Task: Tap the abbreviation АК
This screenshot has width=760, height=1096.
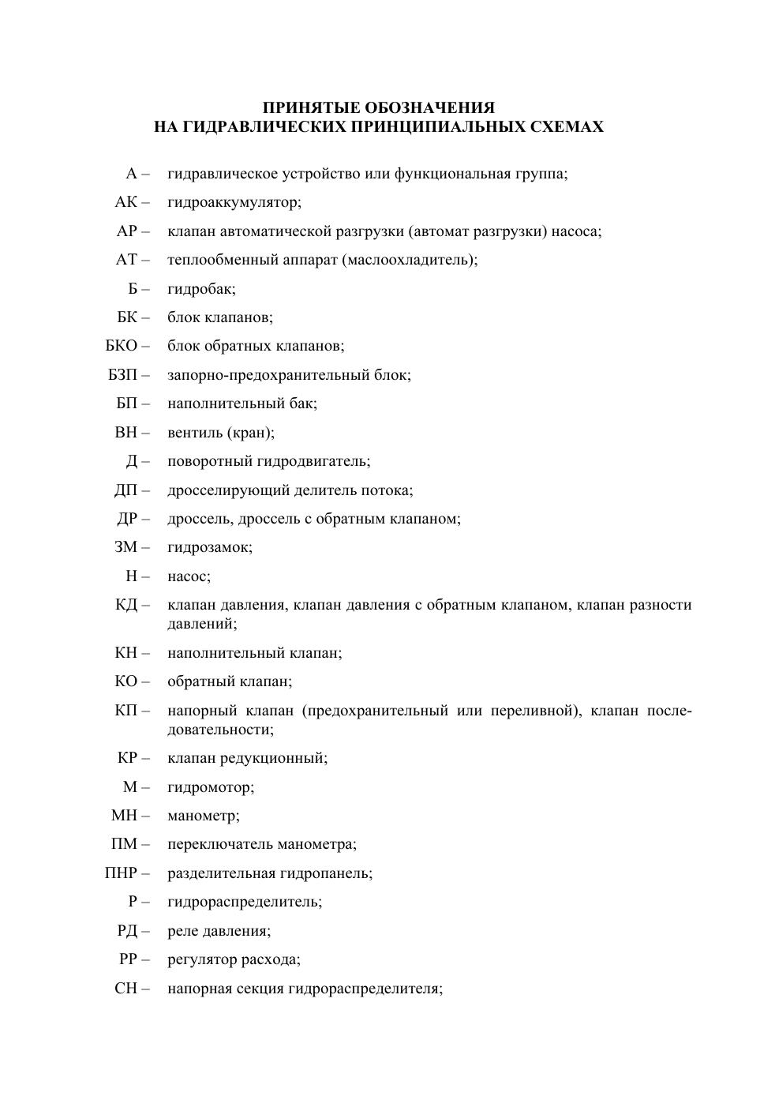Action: point(126,202)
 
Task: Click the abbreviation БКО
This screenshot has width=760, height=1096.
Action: point(122,346)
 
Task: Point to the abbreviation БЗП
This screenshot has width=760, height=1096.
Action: point(123,374)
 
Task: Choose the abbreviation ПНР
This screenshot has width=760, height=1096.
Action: point(121,873)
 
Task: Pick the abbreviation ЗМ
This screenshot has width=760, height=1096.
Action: point(126,546)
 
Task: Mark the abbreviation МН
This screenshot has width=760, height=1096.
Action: point(125,815)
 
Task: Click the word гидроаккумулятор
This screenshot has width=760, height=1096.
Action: point(234,202)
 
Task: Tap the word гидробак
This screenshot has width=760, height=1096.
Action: point(201,288)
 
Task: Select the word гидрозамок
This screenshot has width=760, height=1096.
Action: point(209,546)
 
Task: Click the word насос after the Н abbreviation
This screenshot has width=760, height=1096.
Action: point(189,576)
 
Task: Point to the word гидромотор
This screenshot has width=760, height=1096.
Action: point(210,786)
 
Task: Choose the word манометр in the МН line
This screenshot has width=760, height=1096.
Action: point(203,815)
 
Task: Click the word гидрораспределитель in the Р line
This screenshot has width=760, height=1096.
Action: point(244,901)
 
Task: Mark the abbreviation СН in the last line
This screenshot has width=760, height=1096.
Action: point(126,988)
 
